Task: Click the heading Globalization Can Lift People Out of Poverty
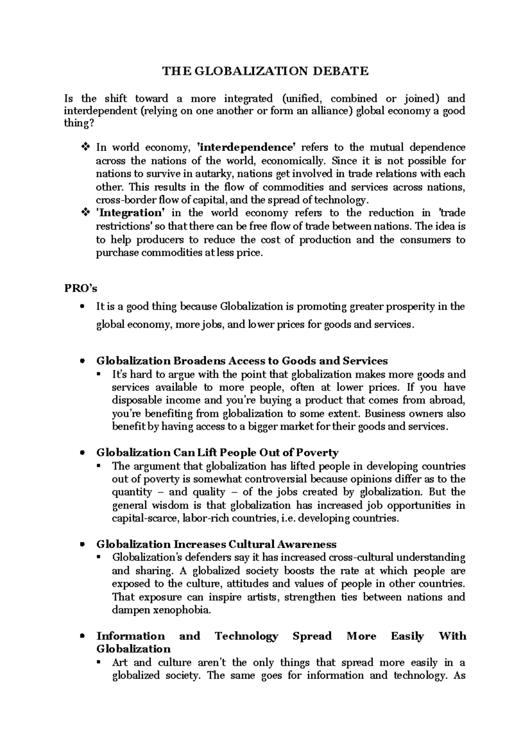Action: click(x=217, y=452)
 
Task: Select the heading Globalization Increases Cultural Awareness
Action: click(x=216, y=544)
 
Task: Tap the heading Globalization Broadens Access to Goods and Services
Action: click(x=242, y=361)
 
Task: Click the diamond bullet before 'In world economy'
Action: click(x=86, y=147)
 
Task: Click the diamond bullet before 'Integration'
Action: click(x=86, y=213)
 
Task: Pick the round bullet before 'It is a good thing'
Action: click(x=82, y=307)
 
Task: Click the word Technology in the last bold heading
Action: click(x=246, y=636)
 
